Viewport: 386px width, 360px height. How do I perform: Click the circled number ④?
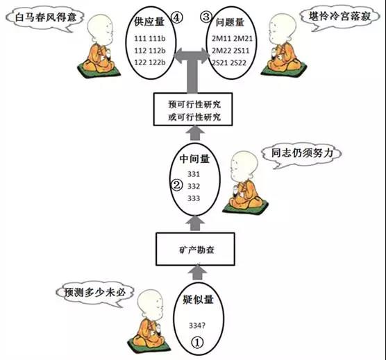pos(177,17)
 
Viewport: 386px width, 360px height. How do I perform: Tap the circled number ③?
pos(206,17)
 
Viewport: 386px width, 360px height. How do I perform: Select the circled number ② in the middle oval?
pos(177,185)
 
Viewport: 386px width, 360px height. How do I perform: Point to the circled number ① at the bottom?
pos(197,342)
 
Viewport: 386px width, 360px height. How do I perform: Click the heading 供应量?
pos(149,22)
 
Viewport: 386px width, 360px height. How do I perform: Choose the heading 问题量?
pos(230,22)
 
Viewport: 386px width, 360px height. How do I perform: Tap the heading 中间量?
pos(194,159)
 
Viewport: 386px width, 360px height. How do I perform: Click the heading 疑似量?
pos(198,299)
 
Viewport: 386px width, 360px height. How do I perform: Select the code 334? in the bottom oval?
pos(197,325)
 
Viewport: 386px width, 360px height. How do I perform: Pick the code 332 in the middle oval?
pos(194,186)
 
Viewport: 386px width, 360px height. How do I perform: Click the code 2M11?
pos(220,39)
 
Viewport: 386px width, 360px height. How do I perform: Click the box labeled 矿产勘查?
pos(195,249)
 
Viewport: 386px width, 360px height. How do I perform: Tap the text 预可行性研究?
pos(194,104)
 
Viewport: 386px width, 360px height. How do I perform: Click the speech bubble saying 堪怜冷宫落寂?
pos(339,18)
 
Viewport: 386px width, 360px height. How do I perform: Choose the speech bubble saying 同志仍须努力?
pos(302,155)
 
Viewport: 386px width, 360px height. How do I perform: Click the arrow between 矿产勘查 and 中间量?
pos(195,224)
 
